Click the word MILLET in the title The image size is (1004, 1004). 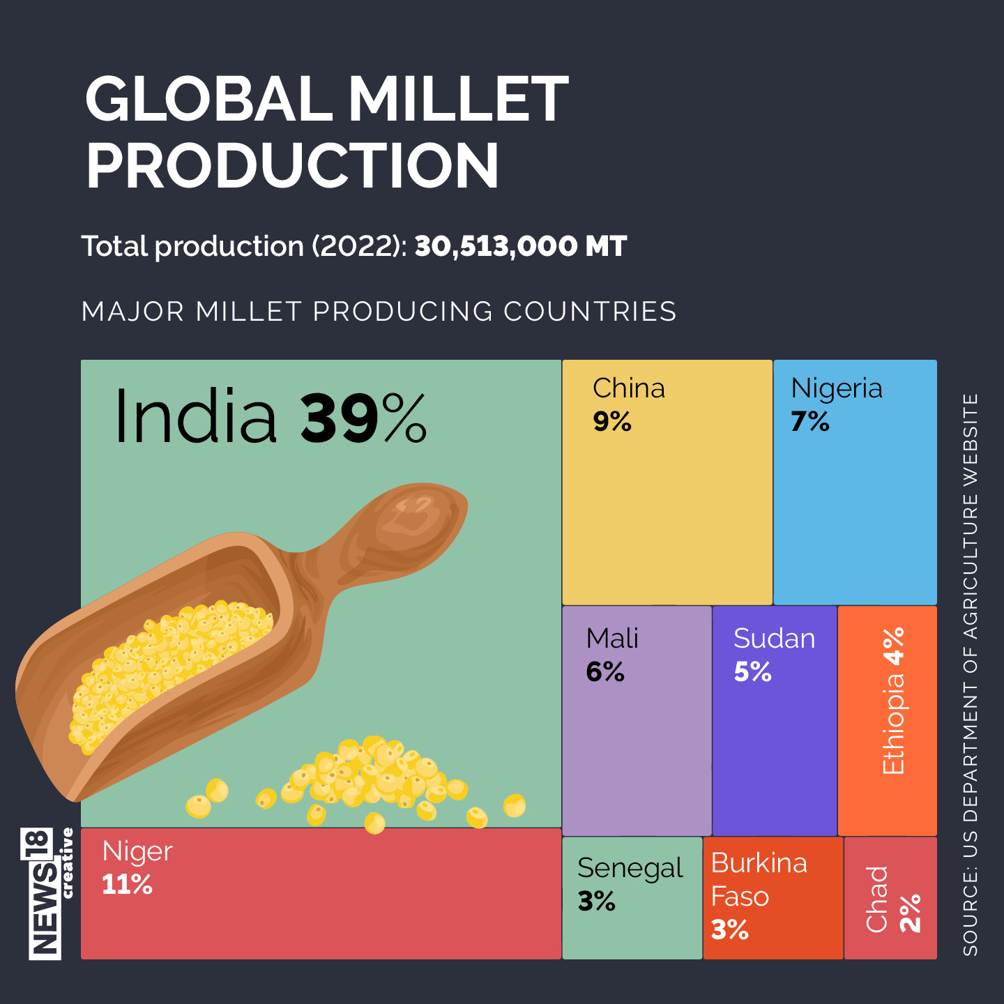[458, 99]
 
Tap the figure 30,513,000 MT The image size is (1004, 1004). [521, 246]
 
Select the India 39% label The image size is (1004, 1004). [270, 417]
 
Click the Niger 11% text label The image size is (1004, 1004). [137, 867]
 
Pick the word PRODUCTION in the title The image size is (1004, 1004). [292, 166]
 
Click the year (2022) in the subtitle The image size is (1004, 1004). [359, 246]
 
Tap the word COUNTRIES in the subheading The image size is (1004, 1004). [590, 312]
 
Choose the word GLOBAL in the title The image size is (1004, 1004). [209, 99]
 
